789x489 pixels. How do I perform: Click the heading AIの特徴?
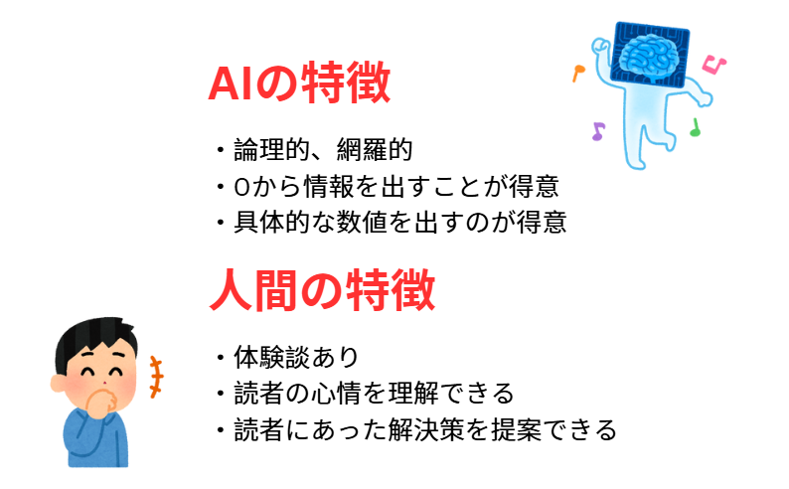pos(299,82)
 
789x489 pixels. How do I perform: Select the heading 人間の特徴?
pos(322,290)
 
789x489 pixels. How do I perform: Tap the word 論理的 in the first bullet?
pos(272,149)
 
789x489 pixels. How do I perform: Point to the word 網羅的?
pos(375,149)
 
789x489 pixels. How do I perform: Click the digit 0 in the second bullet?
pos(241,187)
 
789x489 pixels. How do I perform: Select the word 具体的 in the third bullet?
pos(272,222)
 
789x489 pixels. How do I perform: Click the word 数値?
pos(362,222)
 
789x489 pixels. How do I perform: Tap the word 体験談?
pos(272,357)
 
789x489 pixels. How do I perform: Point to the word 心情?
pos(336,393)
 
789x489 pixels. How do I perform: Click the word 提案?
pos(517,429)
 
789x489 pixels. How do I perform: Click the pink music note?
pos(714,65)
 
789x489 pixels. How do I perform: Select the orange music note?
pos(578,73)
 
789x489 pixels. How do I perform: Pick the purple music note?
pos(598,131)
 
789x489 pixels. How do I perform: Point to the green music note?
pos(695,127)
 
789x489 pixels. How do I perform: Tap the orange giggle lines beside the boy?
pos(156,377)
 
